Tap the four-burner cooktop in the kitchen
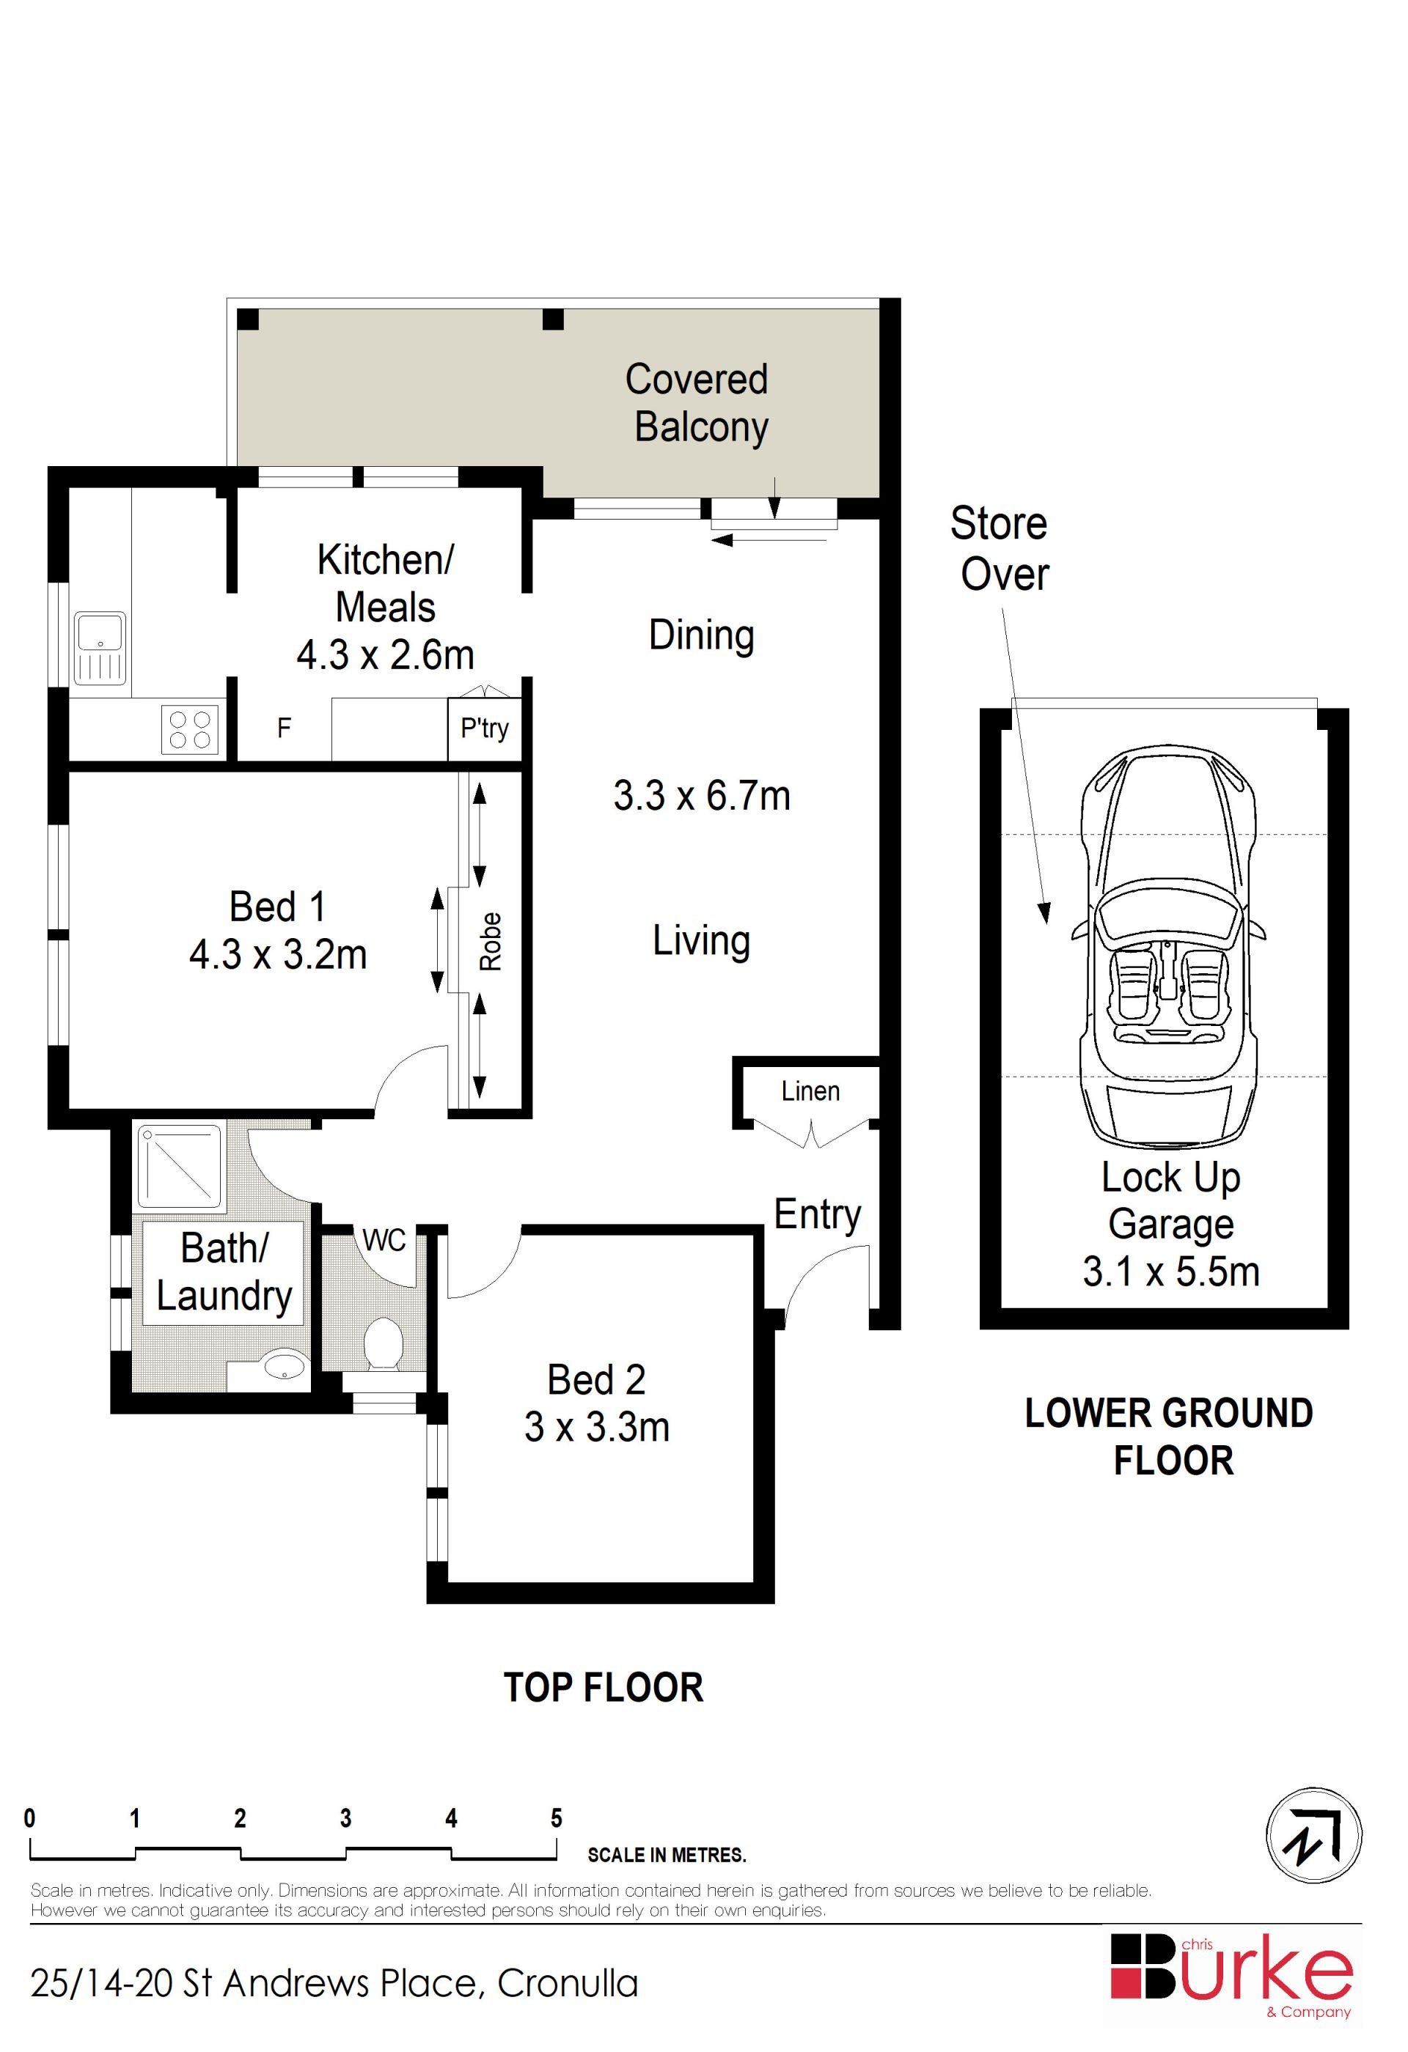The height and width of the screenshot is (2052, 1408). (190, 729)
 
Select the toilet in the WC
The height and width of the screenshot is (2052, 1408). (384, 1346)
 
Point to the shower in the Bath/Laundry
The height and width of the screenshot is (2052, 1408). (180, 1167)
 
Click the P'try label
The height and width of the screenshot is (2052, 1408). (485, 728)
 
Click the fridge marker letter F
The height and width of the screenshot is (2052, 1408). (284, 728)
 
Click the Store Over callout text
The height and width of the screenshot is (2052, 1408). (1000, 548)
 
